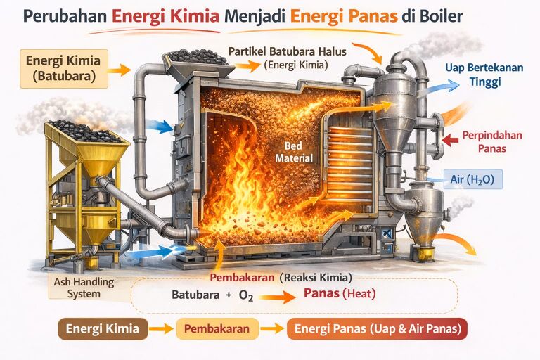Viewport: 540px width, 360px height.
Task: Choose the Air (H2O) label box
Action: click(472, 180)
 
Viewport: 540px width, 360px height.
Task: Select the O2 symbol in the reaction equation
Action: click(245, 295)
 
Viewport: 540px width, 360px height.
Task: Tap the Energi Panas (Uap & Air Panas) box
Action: click(377, 329)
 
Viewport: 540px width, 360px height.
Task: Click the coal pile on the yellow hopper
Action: click(83, 131)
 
